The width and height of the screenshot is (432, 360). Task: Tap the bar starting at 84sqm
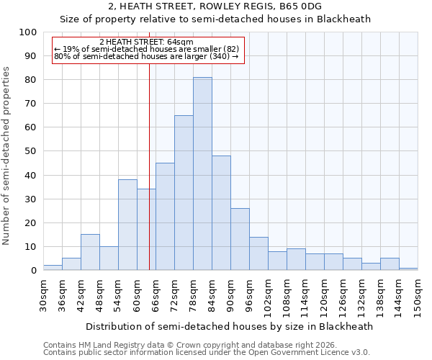pos(221,213)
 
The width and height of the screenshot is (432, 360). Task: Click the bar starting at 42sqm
pos(90,252)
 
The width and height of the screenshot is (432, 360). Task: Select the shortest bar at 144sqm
pos(408,269)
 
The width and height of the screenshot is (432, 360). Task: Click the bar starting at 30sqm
pos(53,267)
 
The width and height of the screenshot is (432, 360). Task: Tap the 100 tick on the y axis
pos(28,32)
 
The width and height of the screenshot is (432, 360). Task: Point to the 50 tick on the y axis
pos(30,151)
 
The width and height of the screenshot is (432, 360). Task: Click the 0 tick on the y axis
pos(33,271)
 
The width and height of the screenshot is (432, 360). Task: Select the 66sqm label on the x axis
pos(156,295)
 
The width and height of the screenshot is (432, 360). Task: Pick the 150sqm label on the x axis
pos(418,297)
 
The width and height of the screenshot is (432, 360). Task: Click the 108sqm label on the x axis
pos(287,297)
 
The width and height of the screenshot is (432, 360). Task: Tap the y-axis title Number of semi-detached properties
pos(7,156)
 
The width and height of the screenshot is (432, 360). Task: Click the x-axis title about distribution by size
pos(229,326)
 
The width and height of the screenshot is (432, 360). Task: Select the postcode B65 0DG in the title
pos(297,6)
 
